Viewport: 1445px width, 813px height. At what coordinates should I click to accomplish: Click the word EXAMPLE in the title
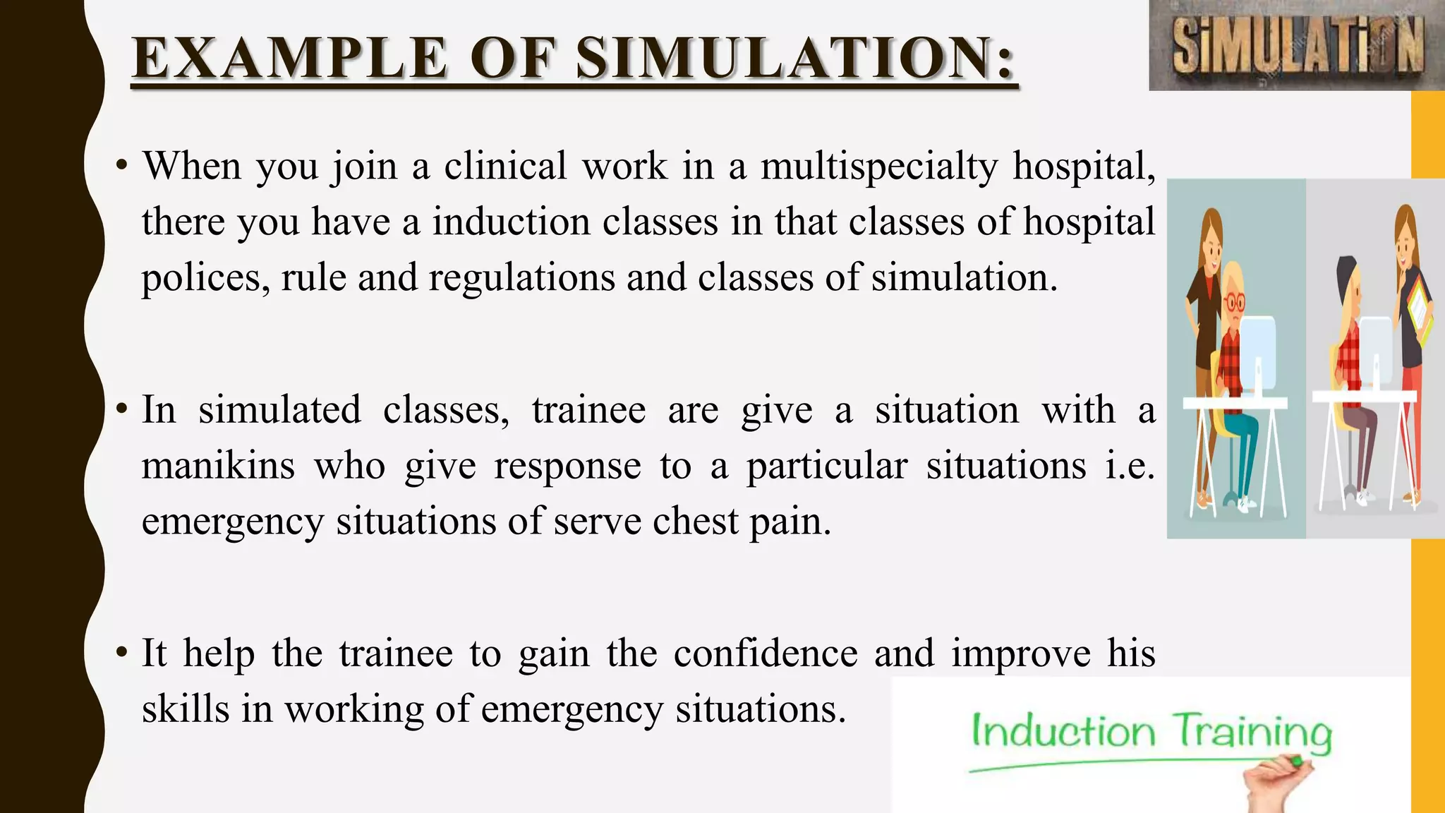[289, 58]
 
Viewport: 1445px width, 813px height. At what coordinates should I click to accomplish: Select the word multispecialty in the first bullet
[879, 167]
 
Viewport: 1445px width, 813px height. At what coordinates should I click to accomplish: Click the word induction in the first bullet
[512, 222]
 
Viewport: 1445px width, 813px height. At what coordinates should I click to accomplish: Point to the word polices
[205, 278]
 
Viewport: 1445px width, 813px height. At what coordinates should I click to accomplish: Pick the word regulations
[521, 278]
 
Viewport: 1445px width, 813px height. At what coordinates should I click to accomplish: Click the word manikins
[218, 466]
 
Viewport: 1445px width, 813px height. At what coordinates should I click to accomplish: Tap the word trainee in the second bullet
[588, 411]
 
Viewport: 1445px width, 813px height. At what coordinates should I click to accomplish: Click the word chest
[695, 522]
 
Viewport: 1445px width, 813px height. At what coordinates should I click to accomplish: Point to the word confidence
[765, 654]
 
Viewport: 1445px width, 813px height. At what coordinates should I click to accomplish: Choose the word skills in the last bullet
[186, 709]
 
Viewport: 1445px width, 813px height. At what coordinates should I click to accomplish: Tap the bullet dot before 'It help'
[122, 654]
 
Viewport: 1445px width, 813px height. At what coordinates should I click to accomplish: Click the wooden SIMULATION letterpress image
[1296, 45]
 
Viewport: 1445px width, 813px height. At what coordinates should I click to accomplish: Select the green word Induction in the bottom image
[1063, 731]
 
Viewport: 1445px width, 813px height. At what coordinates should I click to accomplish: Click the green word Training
[1252, 733]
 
